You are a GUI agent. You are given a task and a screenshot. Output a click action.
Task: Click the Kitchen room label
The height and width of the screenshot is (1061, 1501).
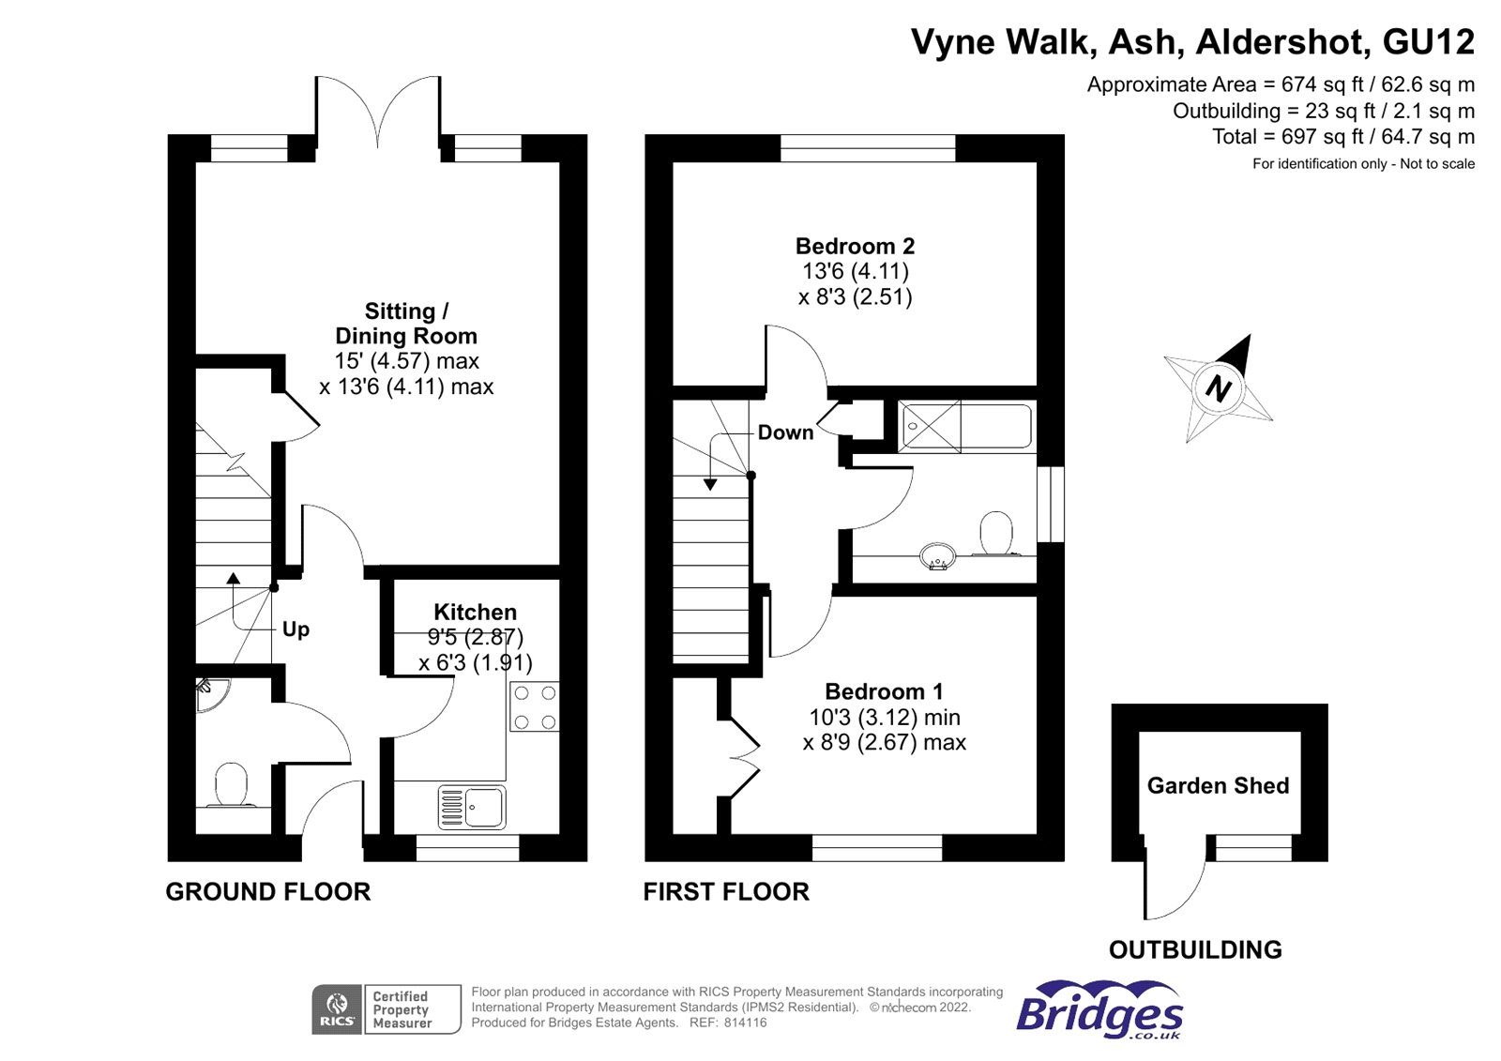[x=475, y=613]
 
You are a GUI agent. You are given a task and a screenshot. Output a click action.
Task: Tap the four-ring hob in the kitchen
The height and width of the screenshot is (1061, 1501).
[x=535, y=707]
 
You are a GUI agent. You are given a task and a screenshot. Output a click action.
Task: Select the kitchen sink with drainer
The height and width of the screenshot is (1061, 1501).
[x=472, y=807]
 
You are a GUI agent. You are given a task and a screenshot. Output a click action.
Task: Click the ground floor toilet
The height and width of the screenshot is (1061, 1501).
[x=231, y=785]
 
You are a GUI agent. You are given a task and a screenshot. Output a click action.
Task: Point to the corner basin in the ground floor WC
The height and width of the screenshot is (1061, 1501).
[x=210, y=693]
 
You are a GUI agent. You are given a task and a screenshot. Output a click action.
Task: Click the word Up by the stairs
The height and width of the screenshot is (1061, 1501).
[x=296, y=629]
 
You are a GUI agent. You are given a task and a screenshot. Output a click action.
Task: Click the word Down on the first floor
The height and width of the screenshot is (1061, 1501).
[x=785, y=432]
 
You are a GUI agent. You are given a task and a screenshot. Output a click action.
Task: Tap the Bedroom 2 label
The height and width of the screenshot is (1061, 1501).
[x=855, y=247]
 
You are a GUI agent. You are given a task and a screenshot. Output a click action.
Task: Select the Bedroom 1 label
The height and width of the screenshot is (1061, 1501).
[x=884, y=692]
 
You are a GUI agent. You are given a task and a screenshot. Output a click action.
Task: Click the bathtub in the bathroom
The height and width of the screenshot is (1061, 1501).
[x=966, y=427]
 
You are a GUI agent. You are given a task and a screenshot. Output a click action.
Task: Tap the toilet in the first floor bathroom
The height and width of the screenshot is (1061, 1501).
[x=996, y=534]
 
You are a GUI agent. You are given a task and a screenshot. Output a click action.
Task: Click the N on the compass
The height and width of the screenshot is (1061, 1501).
[x=1218, y=387]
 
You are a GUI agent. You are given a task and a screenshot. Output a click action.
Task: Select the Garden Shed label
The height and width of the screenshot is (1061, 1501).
[x=1218, y=786]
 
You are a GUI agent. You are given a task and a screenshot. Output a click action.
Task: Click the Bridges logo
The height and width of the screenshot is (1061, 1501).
[x=1099, y=1010]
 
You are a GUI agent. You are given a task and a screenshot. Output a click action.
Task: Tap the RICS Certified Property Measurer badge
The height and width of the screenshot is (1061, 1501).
[x=387, y=1009]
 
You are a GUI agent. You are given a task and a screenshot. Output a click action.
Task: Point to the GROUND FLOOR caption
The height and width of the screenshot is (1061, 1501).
[x=268, y=891]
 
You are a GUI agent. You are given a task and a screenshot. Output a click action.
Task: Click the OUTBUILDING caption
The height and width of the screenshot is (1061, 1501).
[x=1195, y=949]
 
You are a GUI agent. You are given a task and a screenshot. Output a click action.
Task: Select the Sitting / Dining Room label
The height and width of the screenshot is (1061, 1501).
[x=406, y=324]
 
